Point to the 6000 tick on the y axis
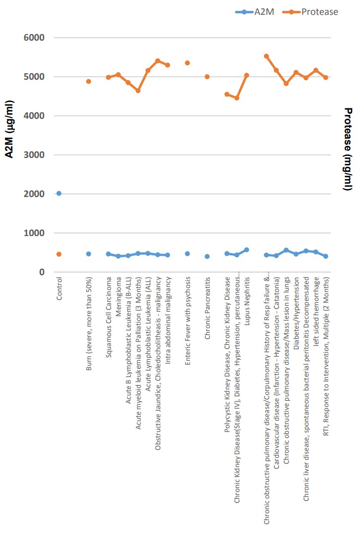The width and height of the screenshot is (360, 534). pos(35,38)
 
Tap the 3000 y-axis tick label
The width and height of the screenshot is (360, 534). pos(35,155)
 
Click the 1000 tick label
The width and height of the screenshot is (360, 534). pos(35,233)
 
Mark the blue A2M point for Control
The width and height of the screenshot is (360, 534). pos(59,194)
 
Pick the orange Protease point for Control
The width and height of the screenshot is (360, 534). pos(59,254)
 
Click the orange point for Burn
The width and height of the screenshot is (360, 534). pos(89,81)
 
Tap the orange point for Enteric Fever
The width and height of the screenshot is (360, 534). pos(187,63)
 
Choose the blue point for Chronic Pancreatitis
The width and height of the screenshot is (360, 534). pos(207,256)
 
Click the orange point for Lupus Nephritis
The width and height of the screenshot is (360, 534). pos(247,76)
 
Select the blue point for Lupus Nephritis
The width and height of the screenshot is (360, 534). pos(247,250)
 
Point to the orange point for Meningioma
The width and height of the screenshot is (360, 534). pos(118,75)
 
